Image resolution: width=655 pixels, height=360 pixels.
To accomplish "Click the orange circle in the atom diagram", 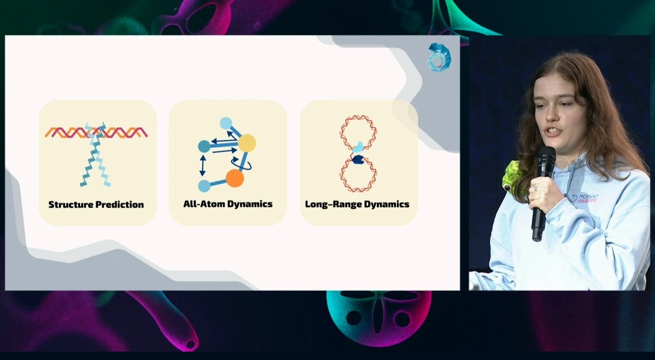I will (235, 179).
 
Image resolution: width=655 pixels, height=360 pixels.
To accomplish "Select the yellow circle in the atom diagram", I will (246, 143).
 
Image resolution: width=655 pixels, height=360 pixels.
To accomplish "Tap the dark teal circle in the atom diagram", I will (204, 147).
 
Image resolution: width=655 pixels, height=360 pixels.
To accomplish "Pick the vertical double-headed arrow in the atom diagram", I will (203, 166).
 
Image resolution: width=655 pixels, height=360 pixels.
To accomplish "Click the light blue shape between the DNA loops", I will (358, 147).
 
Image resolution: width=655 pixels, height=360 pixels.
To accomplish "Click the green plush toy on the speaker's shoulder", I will (512, 176).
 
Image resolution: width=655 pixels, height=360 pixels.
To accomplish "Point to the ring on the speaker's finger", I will (535, 188).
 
